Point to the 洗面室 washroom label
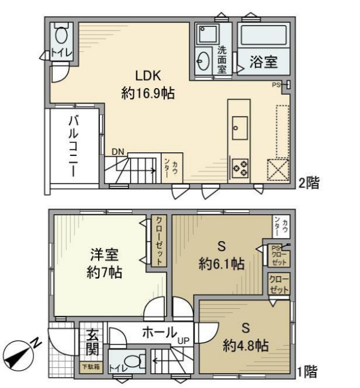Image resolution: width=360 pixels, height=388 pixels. (x=221, y=60)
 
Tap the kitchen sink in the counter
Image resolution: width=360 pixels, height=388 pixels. (x=241, y=126)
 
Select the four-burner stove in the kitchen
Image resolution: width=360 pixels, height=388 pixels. (x=240, y=167)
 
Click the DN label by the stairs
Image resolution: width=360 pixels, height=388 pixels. (x=118, y=152)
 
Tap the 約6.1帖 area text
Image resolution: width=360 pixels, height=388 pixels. (x=221, y=264)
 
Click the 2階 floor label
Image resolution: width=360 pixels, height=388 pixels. (x=309, y=183)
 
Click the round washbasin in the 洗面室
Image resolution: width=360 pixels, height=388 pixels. (x=203, y=61)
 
